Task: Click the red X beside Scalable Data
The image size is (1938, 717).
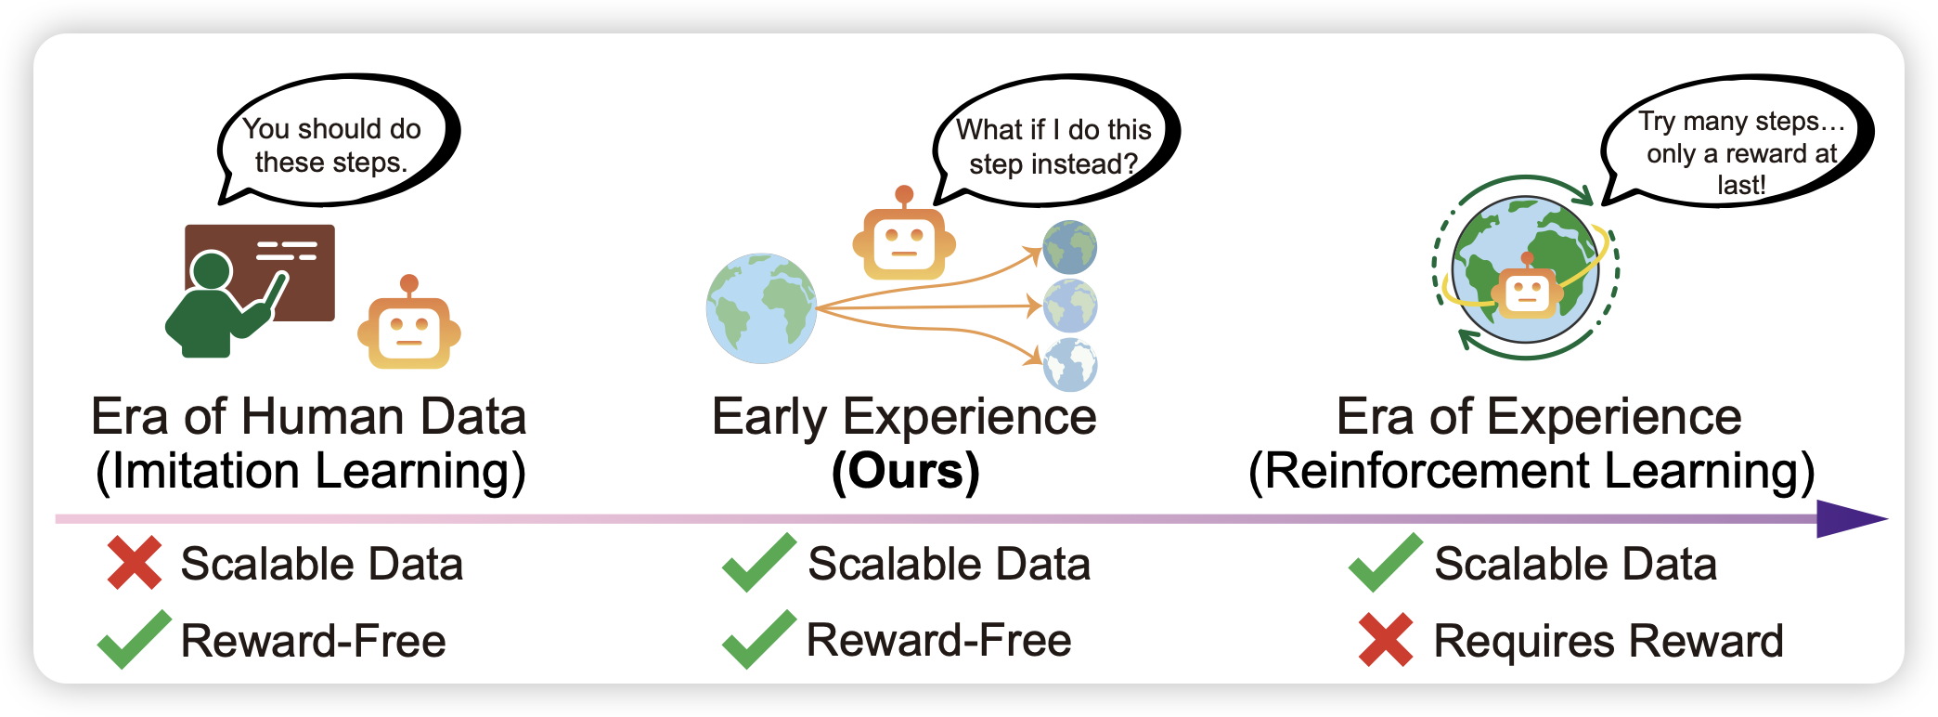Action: pos(135,563)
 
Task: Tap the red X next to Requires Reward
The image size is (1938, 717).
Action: pos(1386,640)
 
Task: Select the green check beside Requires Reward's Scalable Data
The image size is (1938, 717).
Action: pos(1385,563)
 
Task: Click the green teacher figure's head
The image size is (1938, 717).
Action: pos(211,271)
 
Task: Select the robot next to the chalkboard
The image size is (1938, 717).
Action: pos(409,327)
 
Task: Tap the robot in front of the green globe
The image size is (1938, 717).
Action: pos(1528,293)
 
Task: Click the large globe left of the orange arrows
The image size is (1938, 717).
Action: pos(761,308)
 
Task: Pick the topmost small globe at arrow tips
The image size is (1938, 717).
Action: pos(1069,247)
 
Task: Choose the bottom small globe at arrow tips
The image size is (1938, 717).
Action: pos(1070,365)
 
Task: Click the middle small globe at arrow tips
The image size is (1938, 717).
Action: pos(1070,306)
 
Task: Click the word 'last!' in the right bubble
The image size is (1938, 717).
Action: pos(1740,185)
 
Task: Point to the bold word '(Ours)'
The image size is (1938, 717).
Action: pos(905,471)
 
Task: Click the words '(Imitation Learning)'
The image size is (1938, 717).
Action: pos(311,471)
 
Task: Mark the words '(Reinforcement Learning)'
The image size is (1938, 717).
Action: pos(1531,471)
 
